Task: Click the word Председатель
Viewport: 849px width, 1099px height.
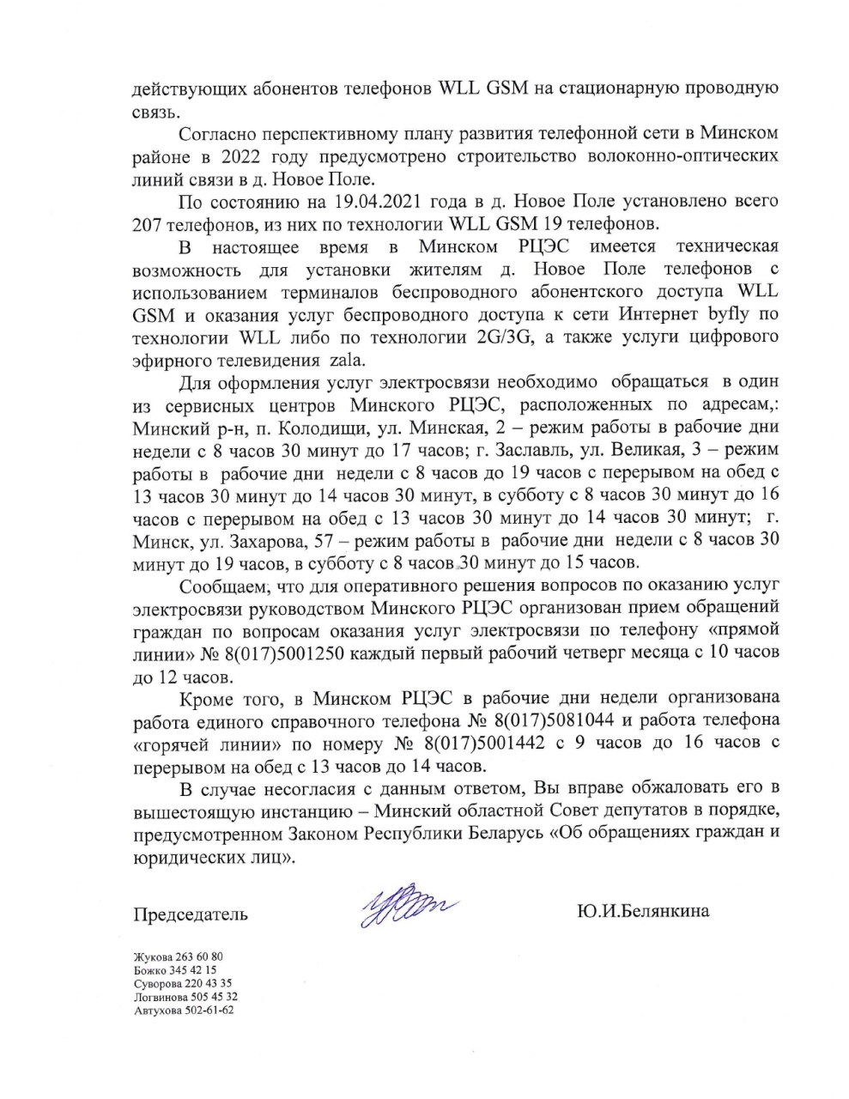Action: pyautogui.click(x=191, y=914)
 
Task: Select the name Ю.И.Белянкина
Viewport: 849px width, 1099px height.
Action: pyautogui.click(x=644, y=911)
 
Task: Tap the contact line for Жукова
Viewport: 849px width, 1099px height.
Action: pyautogui.click(x=179, y=956)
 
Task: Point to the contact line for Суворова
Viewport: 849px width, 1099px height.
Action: pyautogui.click(x=183, y=983)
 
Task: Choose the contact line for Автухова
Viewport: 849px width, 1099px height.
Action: pyautogui.click(x=184, y=1010)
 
